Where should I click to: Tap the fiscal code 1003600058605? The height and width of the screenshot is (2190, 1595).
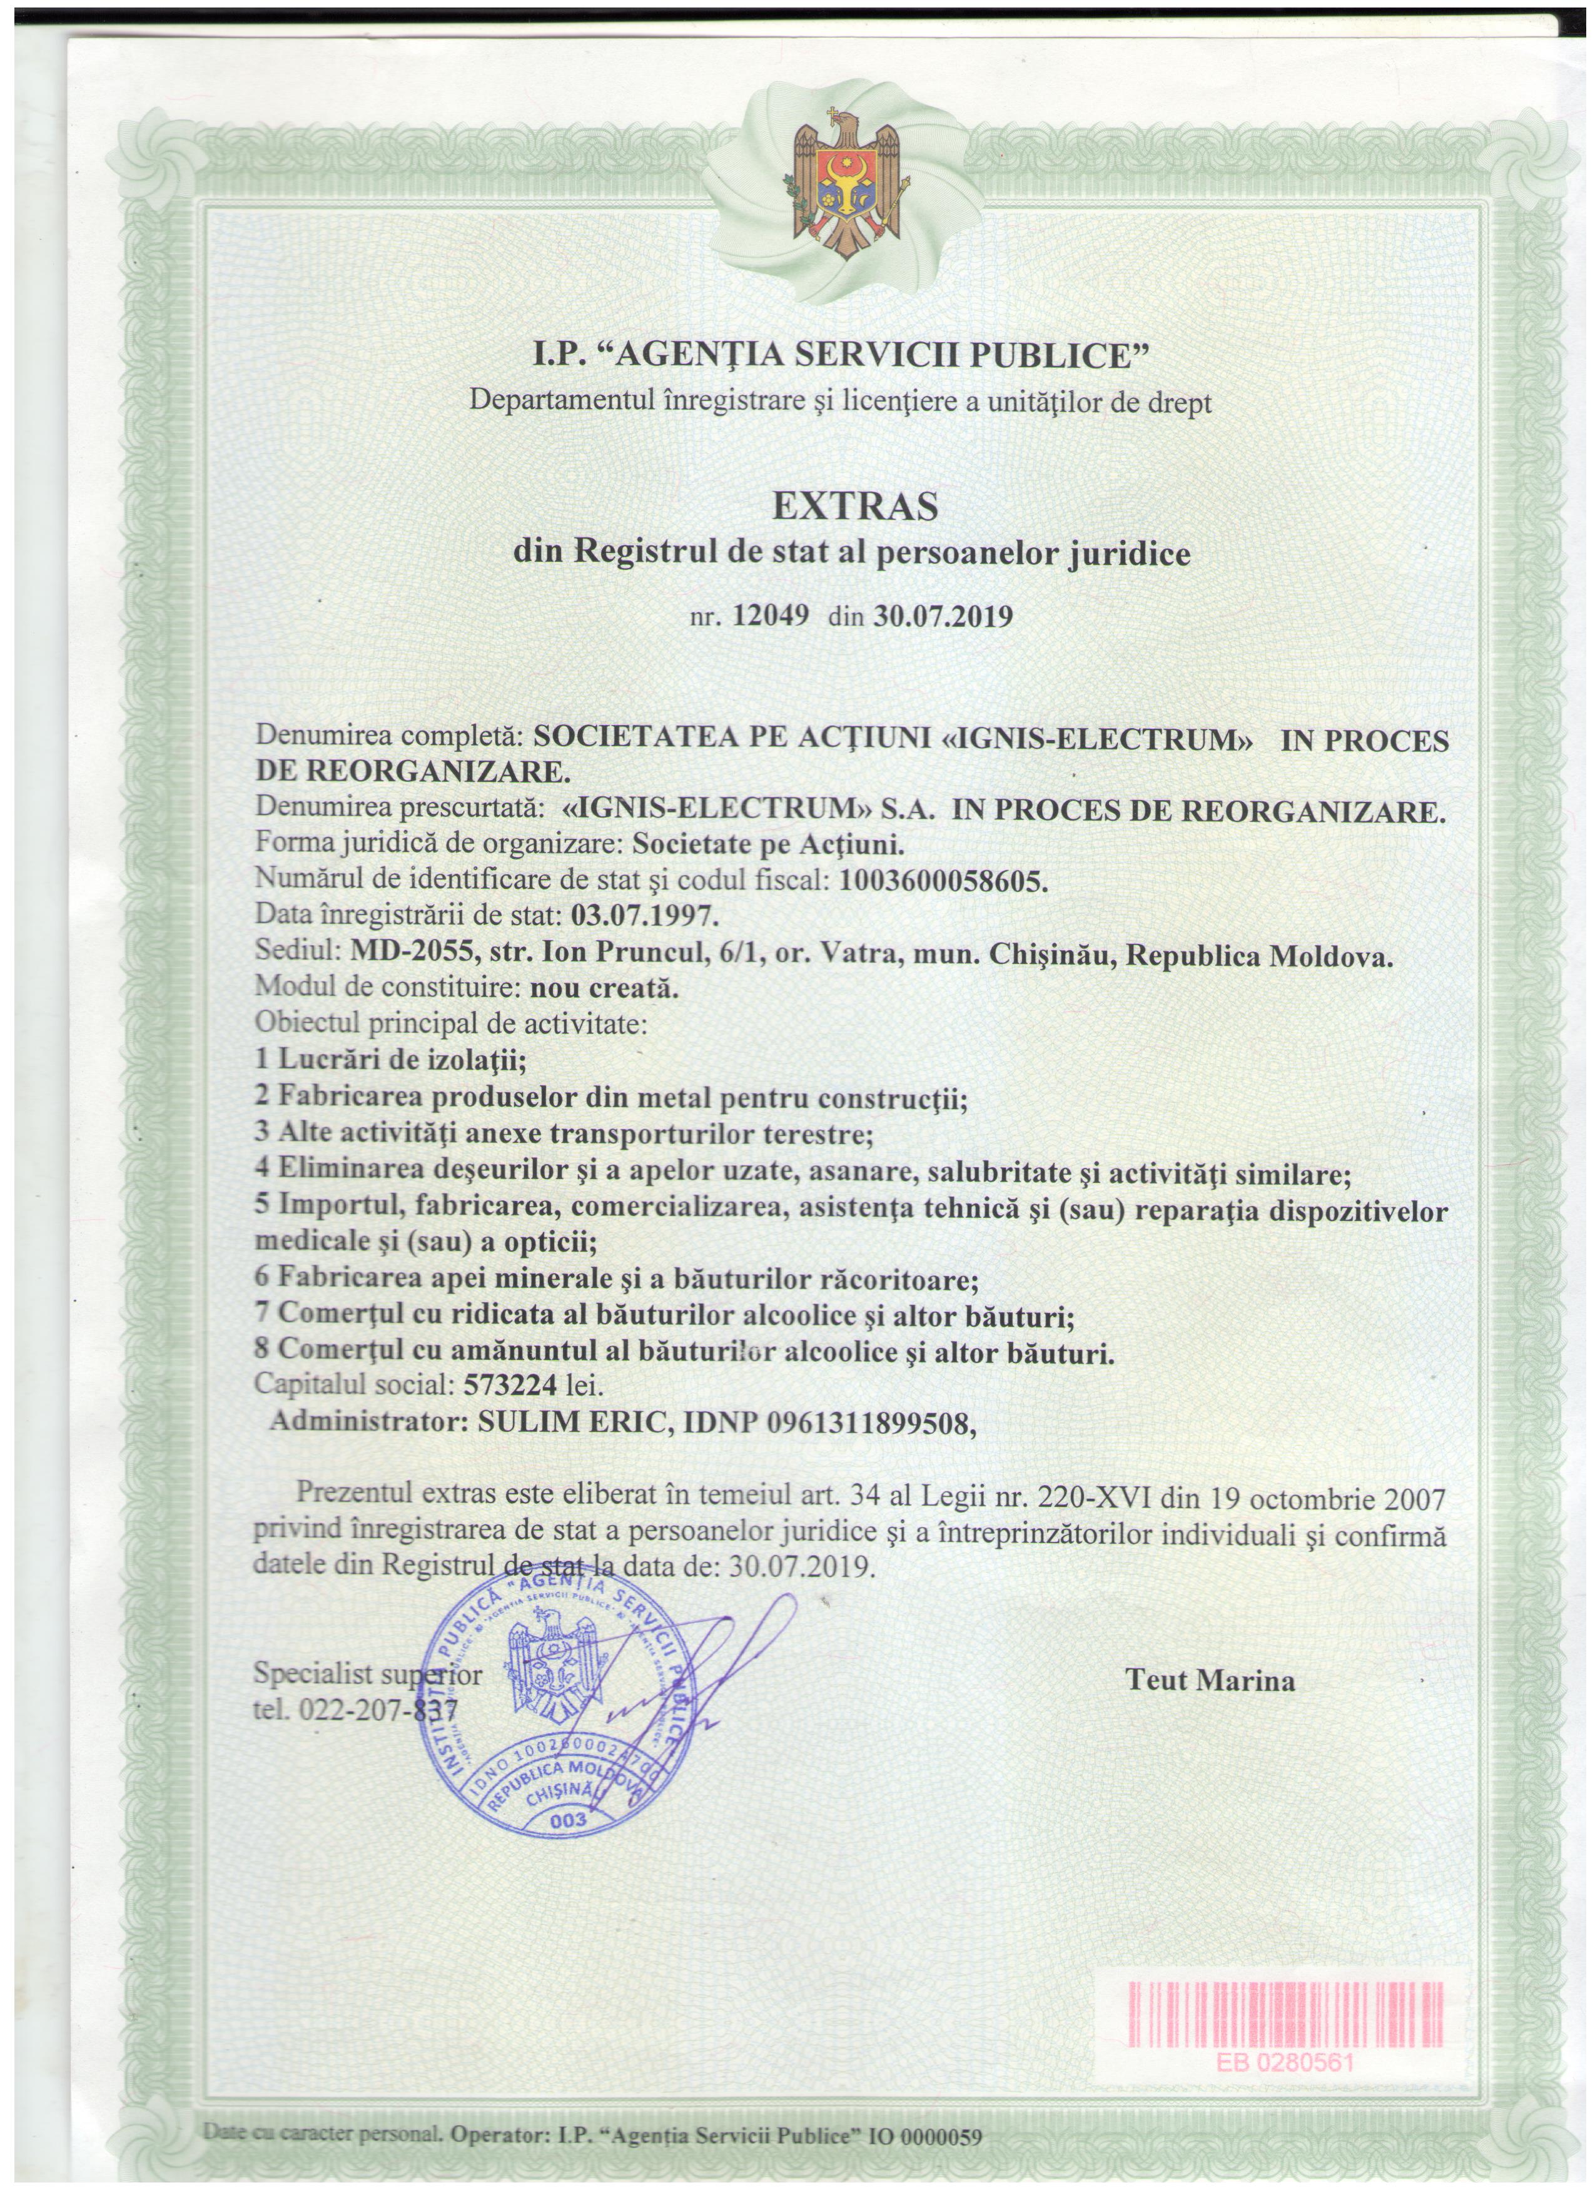pos(943,880)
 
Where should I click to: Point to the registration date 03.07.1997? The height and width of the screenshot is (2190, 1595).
pos(644,913)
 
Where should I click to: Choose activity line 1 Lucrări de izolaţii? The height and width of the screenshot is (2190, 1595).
pos(388,1060)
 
